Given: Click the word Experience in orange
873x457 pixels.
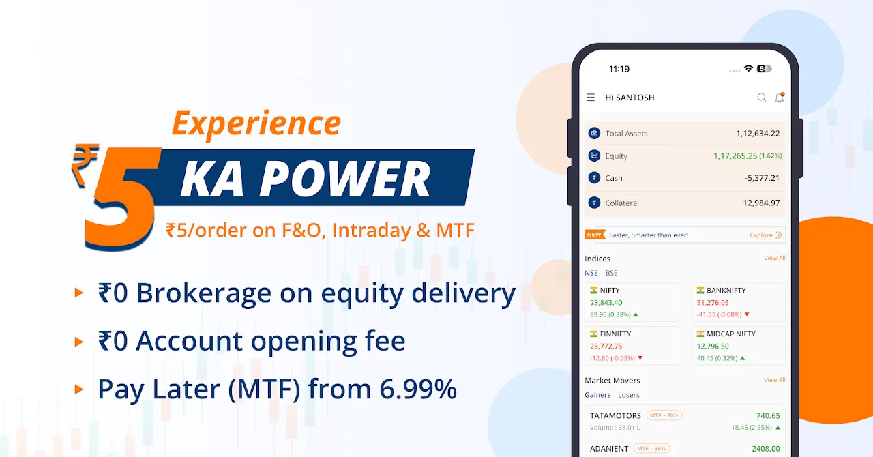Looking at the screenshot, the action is click(x=256, y=123).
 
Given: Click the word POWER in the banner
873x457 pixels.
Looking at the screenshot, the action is click(x=345, y=179).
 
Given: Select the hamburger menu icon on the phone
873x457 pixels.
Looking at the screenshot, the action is click(x=591, y=97).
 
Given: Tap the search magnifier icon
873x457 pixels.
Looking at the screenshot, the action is click(x=762, y=98).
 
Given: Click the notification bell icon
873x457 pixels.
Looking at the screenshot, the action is click(x=780, y=98).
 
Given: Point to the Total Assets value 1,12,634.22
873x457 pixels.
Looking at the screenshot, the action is click(x=758, y=134).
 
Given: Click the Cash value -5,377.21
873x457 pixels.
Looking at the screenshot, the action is click(x=762, y=178).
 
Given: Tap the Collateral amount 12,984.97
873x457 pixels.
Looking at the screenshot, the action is click(x=761, y=203).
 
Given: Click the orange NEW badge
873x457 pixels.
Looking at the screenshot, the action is click(x=595, y=235).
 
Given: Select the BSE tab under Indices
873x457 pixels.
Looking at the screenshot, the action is click(x=612, y=273).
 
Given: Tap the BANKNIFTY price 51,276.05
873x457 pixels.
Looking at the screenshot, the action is click(x=713, y=303).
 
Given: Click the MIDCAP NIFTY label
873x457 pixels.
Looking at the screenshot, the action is click(x=731, y=334).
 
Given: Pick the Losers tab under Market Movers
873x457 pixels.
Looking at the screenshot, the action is click(x=629, y=395).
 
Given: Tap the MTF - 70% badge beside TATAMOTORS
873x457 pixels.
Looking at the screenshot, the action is click(x=664, y=415).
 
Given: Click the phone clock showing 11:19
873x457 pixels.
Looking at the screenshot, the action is click(x=619, y=69).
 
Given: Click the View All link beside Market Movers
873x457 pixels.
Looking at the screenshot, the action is click(x=774, y=380).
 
